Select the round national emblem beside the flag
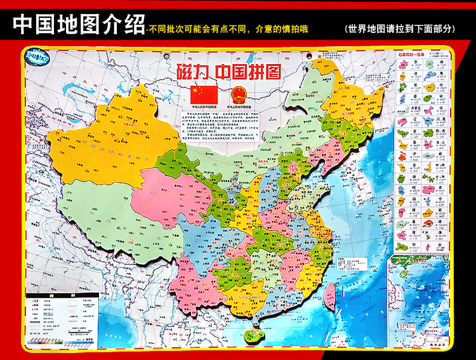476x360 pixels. tap(239, 93)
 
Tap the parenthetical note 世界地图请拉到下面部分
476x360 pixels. tap(400, 29)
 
